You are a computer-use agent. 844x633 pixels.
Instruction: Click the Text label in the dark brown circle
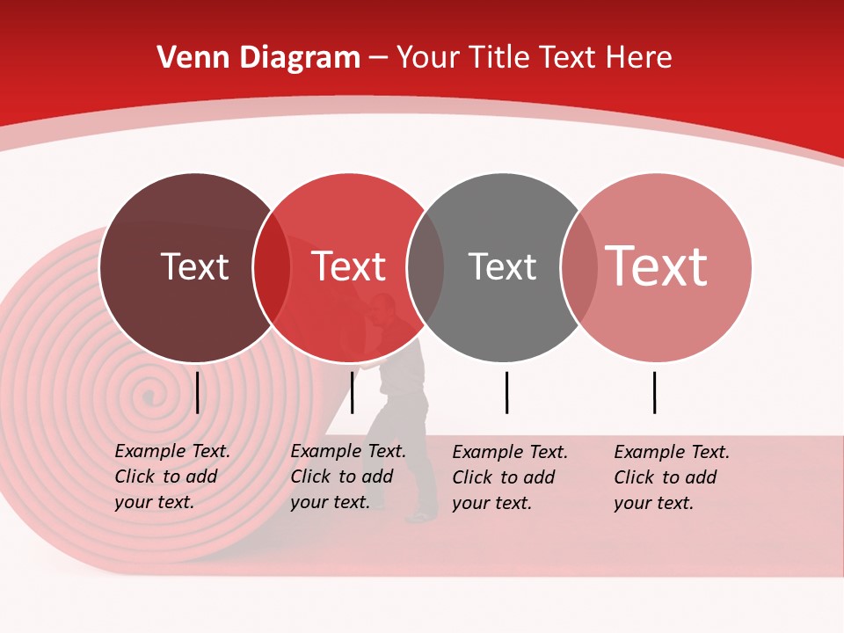click(194, 266)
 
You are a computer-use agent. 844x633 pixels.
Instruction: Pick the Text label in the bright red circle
click(348, 266)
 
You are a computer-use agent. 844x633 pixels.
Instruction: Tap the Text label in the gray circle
click(502, 266)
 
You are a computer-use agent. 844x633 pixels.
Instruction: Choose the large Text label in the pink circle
click(657, 266)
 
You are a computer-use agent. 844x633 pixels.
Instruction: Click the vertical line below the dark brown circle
click(198, 392)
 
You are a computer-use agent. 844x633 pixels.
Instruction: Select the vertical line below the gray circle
click(507, 392)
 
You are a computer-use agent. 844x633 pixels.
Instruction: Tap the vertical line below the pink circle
click(655, 392)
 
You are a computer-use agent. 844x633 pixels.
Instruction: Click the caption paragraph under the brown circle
click(172, 477)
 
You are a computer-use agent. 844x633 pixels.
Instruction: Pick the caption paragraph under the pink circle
click(672, 477)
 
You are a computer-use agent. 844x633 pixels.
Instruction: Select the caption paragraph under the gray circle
click(510, 477)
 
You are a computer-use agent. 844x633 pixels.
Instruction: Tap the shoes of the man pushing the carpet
click(422, 516)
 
